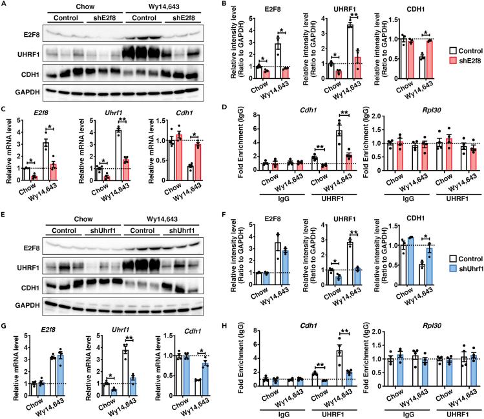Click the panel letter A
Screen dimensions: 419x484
pos(5,5)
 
